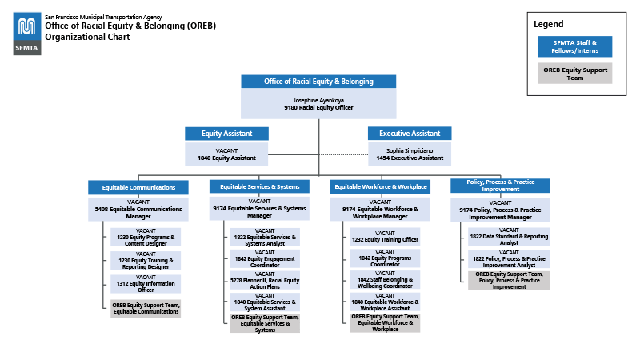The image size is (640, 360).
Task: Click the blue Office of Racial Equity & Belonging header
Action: click(x=318, y=82)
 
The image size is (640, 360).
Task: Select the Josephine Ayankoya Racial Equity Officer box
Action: click(x=318, y=103)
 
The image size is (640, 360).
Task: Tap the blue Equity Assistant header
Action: click(x=226, y=134)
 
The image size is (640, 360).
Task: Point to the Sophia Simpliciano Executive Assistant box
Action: click(x=410, y=154)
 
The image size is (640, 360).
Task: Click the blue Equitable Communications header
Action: click(x=138, y=187)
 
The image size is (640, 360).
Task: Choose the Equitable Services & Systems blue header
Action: click(x=259, y=186)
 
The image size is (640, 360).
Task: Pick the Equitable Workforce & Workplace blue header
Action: click(x=380, y=186)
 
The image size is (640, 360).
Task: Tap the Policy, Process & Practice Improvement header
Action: click(x=501, y=186)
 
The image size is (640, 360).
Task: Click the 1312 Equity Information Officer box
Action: click(x=146, y=284)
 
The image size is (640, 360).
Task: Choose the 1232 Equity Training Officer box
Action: click(x=385, y=237)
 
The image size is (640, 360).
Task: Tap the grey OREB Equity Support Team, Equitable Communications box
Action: click(x=146, y=308)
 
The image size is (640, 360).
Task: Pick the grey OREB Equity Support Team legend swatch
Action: click(x=574, y=74)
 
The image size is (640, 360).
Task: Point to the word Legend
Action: click(x=549, y=24)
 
